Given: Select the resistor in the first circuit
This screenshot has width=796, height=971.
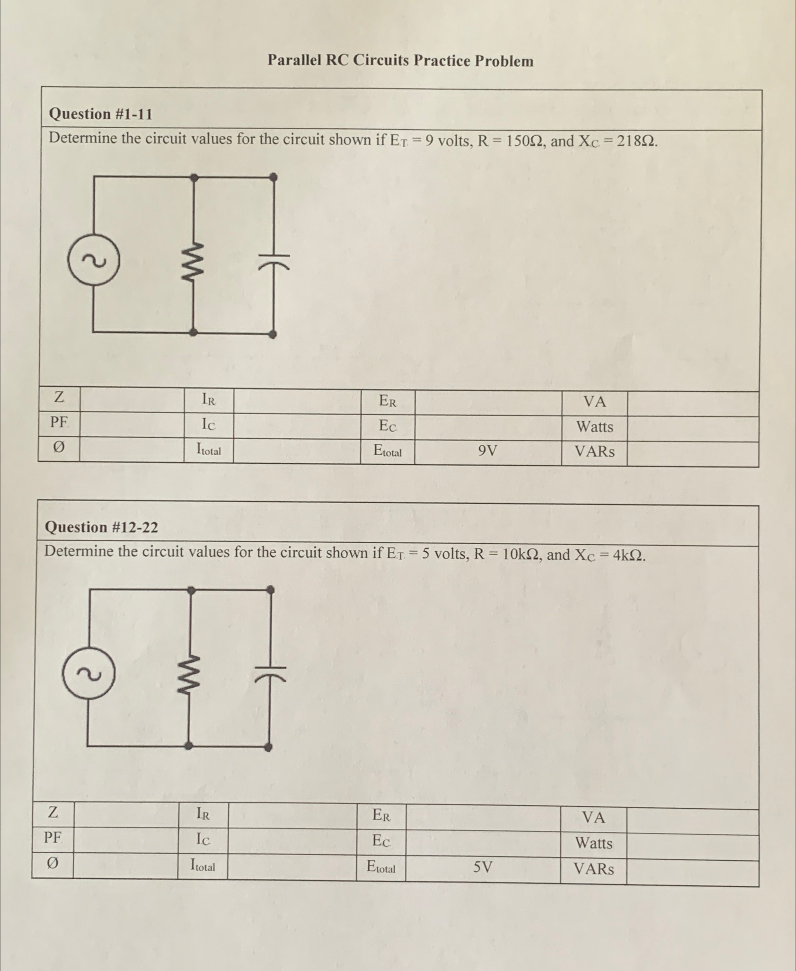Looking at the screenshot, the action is coord(195,260).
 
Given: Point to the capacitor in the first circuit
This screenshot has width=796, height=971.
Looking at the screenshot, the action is coord(274,260).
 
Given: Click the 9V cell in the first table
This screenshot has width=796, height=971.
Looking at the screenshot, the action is coord(487,451).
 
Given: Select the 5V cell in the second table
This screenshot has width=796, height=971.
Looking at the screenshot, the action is coord(483,867).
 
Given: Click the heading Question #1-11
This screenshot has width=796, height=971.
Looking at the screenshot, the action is coord(101,114).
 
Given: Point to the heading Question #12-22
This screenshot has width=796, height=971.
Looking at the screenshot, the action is coord(101,527).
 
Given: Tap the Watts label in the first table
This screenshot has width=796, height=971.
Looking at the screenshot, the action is coord(594,427).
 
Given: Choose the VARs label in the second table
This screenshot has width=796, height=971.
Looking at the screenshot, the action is coord(593,869).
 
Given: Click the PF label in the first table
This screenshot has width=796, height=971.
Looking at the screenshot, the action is coord(59,422).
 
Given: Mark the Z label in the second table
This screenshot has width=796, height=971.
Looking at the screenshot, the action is coord(53,813).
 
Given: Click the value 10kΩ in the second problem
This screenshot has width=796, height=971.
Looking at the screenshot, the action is coord(518,554).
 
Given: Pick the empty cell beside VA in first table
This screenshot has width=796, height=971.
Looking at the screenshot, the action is coord(693,403).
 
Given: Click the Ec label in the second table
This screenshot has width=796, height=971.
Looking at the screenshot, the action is coord(381,840).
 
